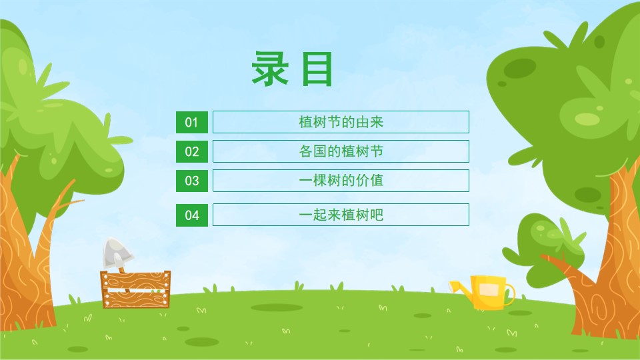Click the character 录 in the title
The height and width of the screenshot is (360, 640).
(x=270, y=69)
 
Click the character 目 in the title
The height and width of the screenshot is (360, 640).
(x=317, y=69)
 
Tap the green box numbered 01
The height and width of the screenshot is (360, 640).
(x=192, y=122)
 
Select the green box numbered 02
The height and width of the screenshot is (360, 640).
(x=192, y=151)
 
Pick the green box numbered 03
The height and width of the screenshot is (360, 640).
(x=192, y=181)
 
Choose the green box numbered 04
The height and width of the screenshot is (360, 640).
(x=192, y=215)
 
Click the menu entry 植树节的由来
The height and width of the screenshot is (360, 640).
(x=341, y=122)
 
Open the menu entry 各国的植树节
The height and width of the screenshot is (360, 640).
(x=341, y=151)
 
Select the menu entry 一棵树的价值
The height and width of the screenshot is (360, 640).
(x=341, y=181)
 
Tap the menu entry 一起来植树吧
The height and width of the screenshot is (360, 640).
(x=341, y=215)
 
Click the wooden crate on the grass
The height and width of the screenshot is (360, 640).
(x=135, y=289)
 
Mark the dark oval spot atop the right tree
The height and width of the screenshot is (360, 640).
(x=519, y=68)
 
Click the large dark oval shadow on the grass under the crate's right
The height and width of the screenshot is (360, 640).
(x=277, y=307)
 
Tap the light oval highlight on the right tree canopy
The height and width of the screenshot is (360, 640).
(x=587, y=119)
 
